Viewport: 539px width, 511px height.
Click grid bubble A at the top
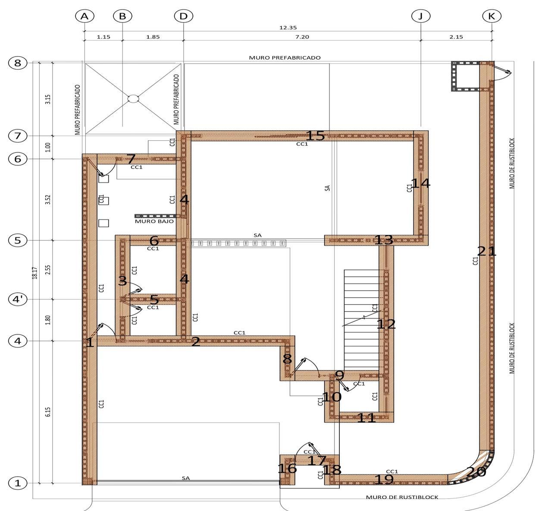click(85, 16)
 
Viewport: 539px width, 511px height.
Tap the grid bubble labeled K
click(492, 16)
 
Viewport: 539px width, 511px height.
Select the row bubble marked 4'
click(18, 300)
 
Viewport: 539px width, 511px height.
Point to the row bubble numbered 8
click(18, 63)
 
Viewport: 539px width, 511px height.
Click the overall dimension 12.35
click(288, 28)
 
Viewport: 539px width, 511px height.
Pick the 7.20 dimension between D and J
click(302, 37)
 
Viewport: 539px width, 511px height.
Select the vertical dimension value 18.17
click(35, 273)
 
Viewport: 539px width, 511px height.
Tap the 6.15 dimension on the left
click(48, 412)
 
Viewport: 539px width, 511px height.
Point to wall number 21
click(487, 251)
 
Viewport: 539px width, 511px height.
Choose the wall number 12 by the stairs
click(386, 325)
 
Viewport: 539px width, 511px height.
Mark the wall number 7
click(131, 159)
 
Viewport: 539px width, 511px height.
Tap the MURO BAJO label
click(154, 221)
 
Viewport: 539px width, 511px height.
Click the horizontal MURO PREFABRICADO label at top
click(285, 58)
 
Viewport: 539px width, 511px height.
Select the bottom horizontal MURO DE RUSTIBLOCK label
click(402, 497)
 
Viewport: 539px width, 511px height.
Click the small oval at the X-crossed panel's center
click(133, 98)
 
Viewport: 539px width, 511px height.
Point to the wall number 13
click(383, 240)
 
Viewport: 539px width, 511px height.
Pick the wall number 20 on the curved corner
click(476, 472)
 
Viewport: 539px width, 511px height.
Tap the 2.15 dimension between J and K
click(456, 37)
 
